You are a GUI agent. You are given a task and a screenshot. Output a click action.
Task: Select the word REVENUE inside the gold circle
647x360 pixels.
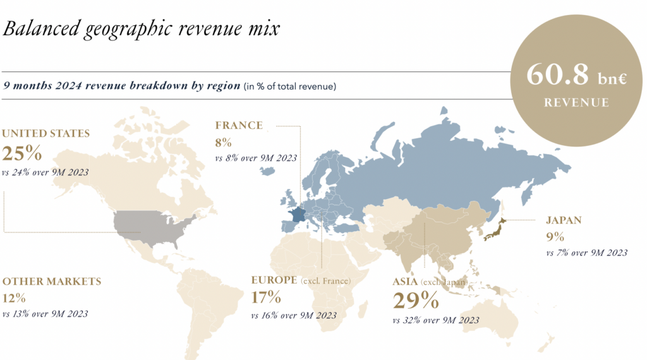tap(577, 102)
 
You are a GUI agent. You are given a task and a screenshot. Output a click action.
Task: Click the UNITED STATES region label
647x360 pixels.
tap(45, 133)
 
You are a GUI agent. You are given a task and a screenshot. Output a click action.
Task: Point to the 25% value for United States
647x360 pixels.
tap(22, 153)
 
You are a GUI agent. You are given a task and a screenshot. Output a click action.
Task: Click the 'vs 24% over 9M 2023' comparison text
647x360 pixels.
tap(45, 172)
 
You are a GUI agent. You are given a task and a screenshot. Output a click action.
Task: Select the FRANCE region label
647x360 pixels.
tap(238, 125)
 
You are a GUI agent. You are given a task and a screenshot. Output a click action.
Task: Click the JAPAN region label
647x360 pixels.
tap(564, 220)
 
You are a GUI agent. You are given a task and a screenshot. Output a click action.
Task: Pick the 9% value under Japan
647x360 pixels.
tap(555, 237)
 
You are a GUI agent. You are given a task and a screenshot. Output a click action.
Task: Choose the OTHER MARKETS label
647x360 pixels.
tap(52, 281)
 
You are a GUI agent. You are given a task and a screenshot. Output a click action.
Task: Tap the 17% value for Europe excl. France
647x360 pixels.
tap(266, 297)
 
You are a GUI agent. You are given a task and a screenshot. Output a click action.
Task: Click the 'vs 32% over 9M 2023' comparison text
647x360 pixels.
tap(435, 320)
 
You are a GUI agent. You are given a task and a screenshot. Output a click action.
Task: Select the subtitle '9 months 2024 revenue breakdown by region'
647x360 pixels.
tap(122, 85)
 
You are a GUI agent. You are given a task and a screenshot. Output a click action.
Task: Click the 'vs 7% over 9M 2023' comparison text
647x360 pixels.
tap(586, 253)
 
